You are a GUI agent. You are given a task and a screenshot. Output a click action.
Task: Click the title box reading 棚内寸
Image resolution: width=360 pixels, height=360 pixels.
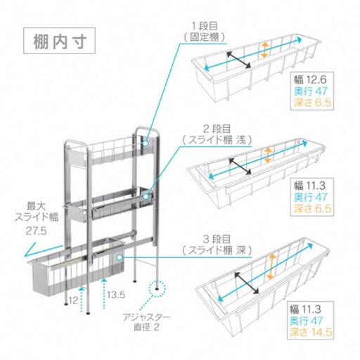tap(59, 41)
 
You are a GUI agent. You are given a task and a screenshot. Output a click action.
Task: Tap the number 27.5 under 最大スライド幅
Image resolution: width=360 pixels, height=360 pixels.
tap(37, 231)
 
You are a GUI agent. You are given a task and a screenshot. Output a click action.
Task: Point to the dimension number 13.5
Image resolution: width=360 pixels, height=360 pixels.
tap(116, 295)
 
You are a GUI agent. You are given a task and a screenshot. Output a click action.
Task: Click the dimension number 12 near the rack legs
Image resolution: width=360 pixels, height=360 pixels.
tap(73, 300)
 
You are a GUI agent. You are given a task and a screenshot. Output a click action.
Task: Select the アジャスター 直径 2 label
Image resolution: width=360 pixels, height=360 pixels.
tap(146, 322)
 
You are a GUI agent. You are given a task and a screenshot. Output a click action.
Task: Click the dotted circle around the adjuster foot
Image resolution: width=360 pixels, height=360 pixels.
tap(157, 288)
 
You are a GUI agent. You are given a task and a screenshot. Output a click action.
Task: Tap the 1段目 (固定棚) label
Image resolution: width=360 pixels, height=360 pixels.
tap(205, 32)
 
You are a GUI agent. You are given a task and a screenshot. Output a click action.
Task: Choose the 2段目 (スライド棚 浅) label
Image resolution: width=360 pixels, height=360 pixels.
tap(217, 135)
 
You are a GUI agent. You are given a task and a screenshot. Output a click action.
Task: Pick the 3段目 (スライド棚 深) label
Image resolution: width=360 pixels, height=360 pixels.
tap(217, 245)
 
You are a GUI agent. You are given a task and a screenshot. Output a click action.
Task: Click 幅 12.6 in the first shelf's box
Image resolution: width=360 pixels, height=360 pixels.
tap(310, 79)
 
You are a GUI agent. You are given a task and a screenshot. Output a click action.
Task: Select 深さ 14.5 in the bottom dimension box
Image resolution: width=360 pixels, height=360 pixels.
tap(311, 332)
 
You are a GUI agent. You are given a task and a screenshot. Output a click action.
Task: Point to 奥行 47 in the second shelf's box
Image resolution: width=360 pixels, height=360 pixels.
tap(311, 197)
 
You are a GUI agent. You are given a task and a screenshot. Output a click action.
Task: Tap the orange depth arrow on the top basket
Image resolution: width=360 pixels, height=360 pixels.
tap(264, 50)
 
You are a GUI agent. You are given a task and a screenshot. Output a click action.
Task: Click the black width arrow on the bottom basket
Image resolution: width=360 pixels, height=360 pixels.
tap(247, 283)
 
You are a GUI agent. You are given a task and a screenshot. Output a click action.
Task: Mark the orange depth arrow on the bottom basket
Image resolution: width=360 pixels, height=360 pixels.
tap(271, 266)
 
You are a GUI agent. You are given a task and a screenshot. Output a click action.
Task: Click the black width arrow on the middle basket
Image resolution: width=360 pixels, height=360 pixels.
tap(240, 167)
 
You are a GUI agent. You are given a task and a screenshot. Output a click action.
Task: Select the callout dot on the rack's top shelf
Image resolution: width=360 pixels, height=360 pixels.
tap(146, 143)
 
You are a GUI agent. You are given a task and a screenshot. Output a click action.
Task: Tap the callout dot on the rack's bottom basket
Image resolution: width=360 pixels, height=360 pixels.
tap(120, 257)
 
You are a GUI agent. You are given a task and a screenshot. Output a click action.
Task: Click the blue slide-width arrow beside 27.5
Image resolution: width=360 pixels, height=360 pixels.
tap(43, 250)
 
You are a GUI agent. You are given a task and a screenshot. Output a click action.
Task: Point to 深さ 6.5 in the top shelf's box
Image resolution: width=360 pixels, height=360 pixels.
tap(313, 103)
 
